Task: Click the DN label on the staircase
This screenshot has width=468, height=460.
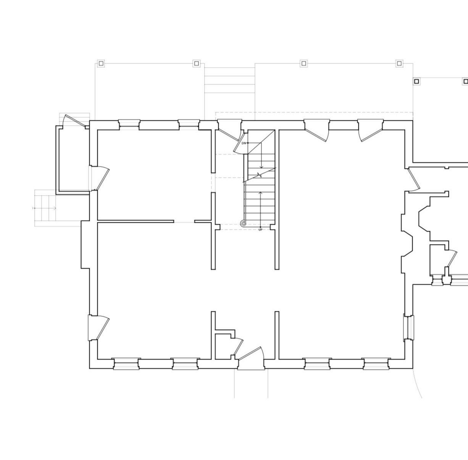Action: [244, 143]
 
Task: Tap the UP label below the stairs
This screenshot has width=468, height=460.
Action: [260, 230]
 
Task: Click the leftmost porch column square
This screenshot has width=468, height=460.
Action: [101, 63]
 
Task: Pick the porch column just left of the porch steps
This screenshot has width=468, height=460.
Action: [196, 63]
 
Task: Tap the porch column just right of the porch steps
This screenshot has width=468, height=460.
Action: [304, 63]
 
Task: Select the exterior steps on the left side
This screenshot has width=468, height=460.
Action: [45, 208]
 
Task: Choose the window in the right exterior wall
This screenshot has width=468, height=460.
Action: [409, 327]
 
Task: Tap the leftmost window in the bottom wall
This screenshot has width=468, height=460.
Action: [126, 364]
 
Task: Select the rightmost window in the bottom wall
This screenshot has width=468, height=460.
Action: [376, 364]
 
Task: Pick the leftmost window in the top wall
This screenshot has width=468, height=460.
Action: [129, 123]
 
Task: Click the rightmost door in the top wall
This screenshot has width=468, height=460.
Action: [370, 130]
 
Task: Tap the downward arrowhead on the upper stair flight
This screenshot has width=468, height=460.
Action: [261, 167]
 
